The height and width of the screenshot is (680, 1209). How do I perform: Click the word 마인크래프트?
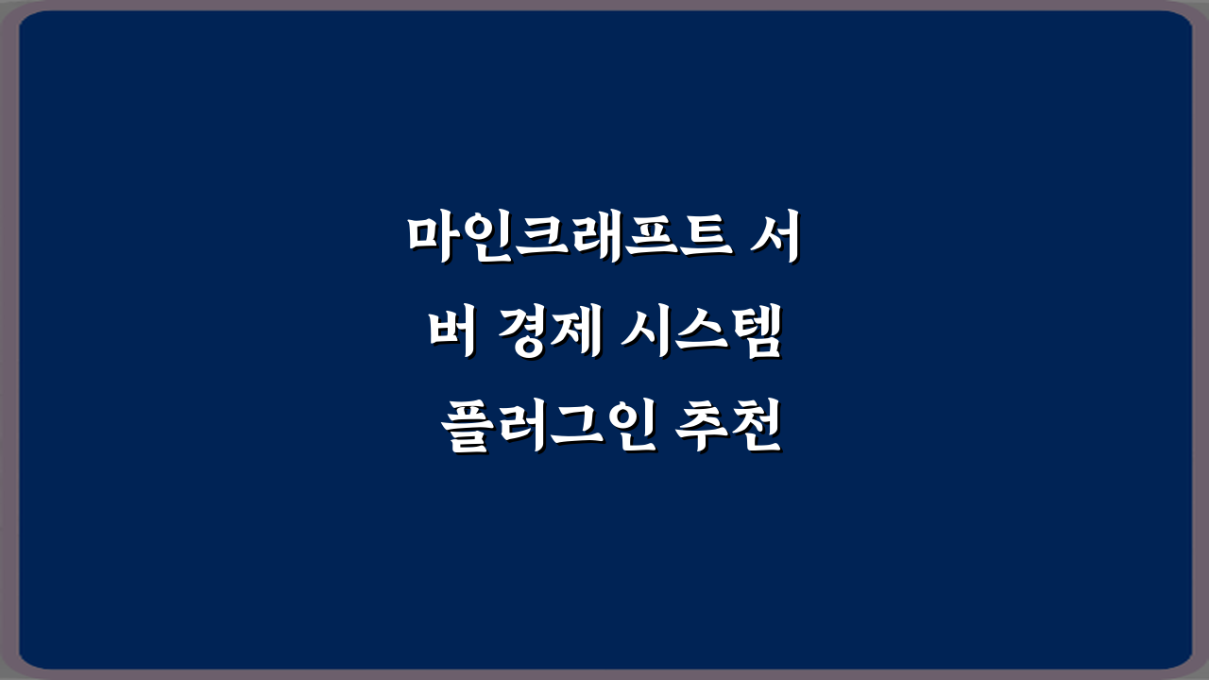pyautogui.click(x=570, y=237)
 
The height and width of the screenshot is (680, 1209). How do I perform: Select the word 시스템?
pyautogui.click(x=700, y=333)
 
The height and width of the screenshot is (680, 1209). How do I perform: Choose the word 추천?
pyautogui.click(x=728, y=430)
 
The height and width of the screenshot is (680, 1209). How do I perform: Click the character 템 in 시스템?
pyautogui.click(x=756, y=333)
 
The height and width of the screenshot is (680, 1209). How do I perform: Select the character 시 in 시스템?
pyautogui.click(x=644, y=333)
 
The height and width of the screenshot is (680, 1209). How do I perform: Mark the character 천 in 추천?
pyautogui.click(x=756, y=430)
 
